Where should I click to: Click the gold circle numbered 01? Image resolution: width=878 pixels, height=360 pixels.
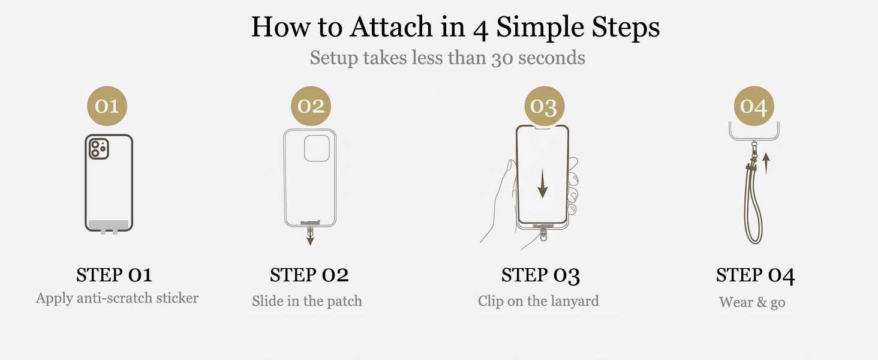[x=107, y=106]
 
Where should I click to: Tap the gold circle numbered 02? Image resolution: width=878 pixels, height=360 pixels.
[x=311, y=106]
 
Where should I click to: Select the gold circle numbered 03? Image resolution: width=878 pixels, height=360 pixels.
[x=545, y=106]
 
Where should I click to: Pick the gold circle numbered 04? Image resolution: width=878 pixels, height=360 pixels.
[x=754, y=106]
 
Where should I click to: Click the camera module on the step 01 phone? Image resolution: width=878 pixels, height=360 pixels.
[x=99, y=149]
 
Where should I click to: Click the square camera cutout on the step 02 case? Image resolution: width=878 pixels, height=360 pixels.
[x=317, y=148]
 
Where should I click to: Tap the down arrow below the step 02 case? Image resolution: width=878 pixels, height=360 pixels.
[x=310, y=236]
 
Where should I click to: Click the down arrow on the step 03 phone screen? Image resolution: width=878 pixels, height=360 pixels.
[x=543, y=183]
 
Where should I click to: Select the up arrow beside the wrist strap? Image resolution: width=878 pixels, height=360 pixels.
[x=766, y=164]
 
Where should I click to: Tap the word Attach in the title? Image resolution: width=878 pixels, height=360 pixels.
[x=391, y=26]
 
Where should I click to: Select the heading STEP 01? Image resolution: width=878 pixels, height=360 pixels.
[x=114, y=275]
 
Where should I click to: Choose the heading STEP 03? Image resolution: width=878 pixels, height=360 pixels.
[x=540, y=275]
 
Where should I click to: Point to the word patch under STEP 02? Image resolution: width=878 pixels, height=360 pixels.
[x=344, y=301]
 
